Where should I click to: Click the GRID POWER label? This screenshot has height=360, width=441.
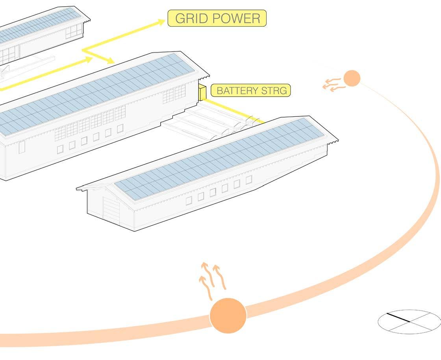(217, 18)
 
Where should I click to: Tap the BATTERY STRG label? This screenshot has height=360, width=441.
(250, 90)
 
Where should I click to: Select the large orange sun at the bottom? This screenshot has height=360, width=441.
(228, 316)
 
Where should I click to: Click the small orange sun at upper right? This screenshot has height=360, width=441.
(352, 78)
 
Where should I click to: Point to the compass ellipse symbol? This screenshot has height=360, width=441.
(409, 322)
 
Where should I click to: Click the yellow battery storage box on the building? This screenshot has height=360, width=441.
(202, 92)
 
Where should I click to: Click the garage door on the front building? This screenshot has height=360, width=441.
(111, 210)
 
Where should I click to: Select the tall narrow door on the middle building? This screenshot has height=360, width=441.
(22, 147)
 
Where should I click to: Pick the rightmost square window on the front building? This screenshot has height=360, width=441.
(248, 179)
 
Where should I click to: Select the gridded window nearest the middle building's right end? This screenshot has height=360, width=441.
(180, 92)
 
